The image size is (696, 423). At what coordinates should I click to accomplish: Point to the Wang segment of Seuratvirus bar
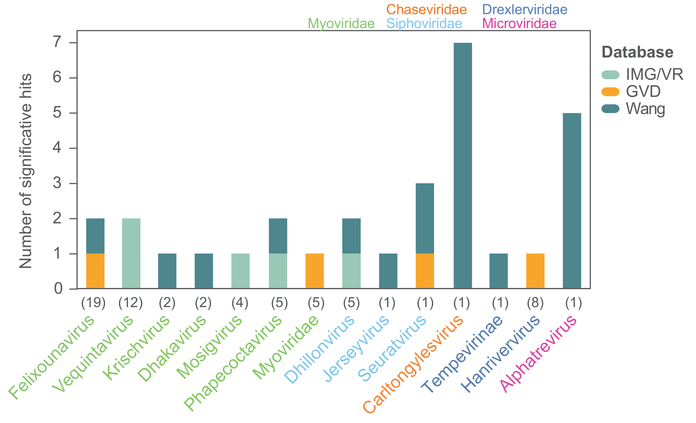tap(425, 218)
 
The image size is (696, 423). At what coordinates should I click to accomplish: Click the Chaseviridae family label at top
tap(426, 10)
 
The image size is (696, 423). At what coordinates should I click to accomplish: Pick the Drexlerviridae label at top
tap(525, 10)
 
